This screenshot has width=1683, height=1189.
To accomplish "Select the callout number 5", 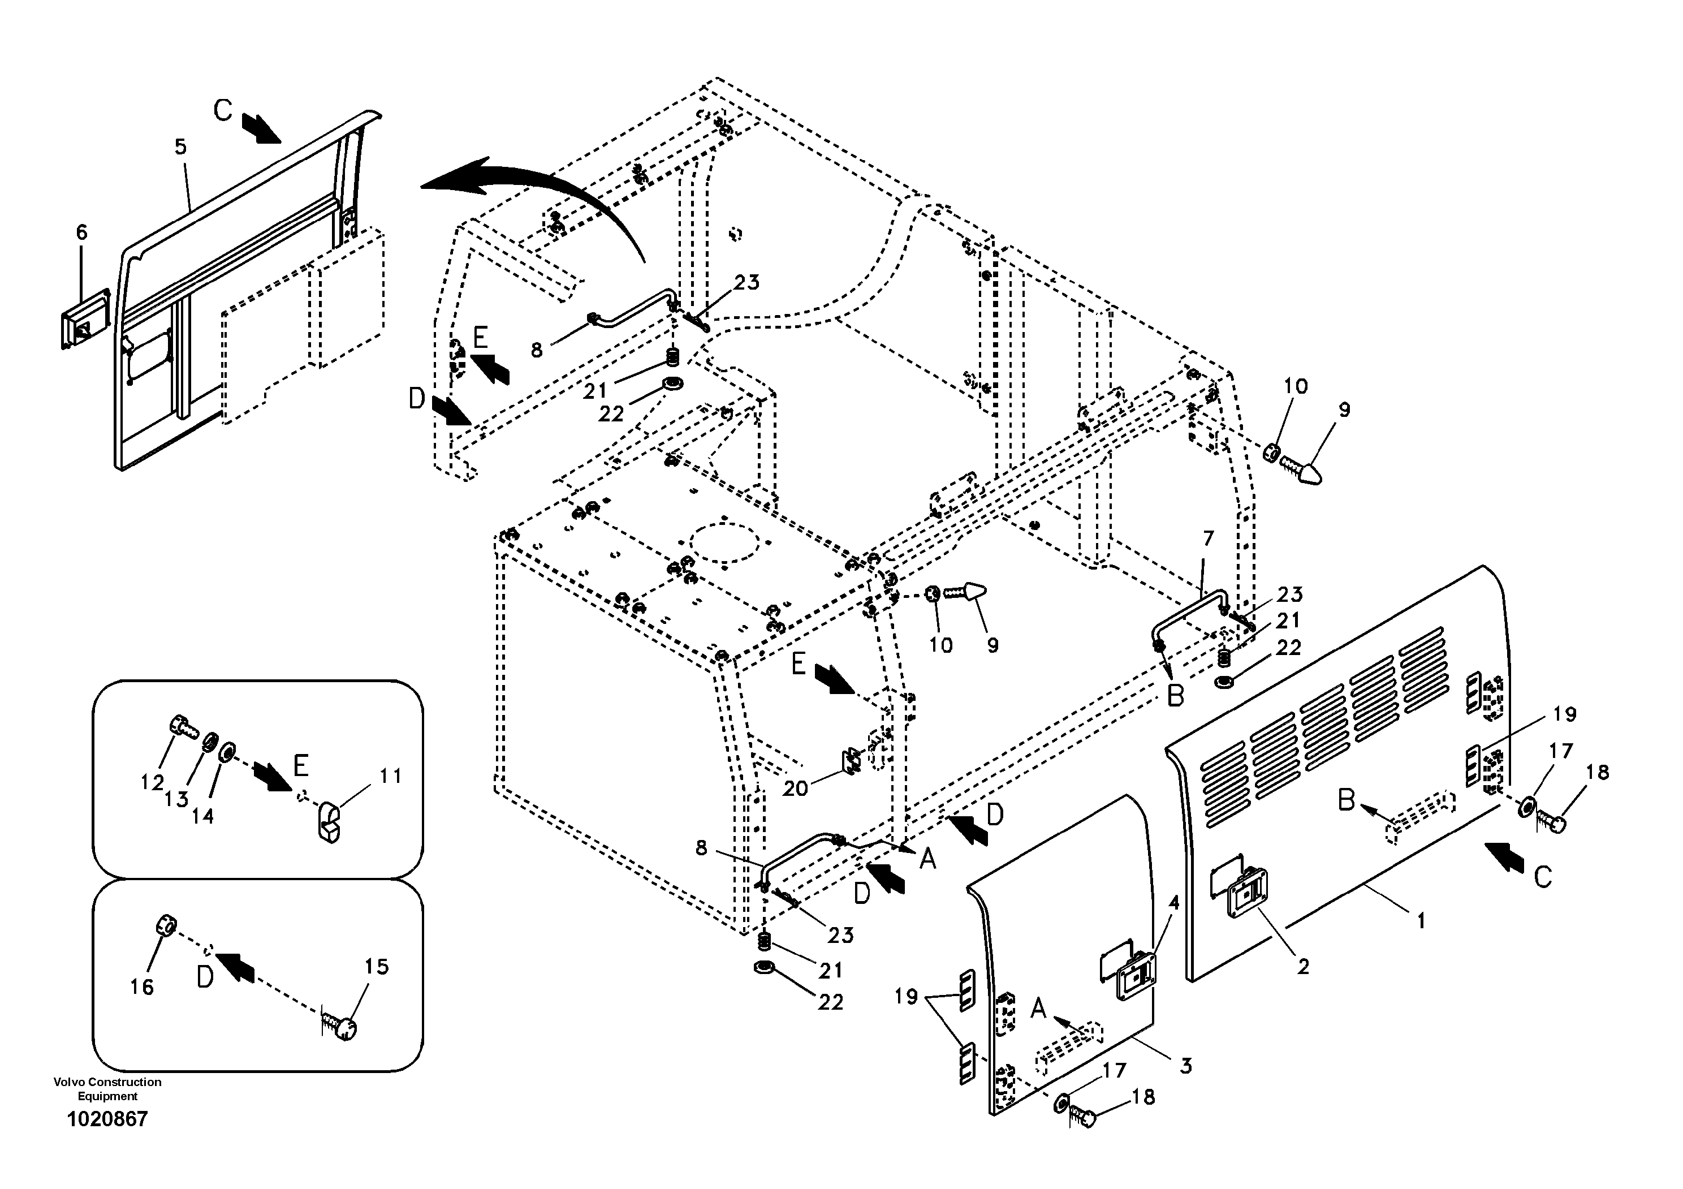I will [180, 147].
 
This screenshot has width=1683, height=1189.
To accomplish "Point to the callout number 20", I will [795, 788].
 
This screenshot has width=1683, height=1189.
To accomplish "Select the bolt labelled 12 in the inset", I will [183, 726].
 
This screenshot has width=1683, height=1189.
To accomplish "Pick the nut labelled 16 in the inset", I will [165, 925].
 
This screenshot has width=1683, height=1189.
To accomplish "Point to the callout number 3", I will [1186, 1066].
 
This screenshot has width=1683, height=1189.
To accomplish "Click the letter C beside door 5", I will [223, 111].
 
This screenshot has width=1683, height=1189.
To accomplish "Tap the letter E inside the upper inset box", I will [300, 765].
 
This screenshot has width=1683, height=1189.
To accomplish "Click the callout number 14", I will [202, 816].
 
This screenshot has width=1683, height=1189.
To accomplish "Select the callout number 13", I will [176, 799].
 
